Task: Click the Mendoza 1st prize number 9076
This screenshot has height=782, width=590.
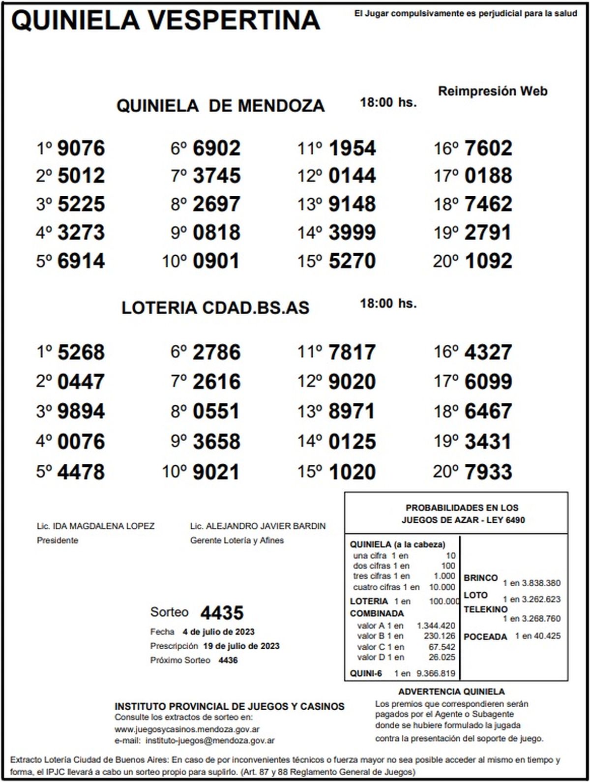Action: click(81, 148)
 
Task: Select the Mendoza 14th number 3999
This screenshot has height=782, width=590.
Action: click(352, 233)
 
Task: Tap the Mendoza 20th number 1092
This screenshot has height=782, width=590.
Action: click(488, 261)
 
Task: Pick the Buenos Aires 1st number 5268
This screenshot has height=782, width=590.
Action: click(81, 352)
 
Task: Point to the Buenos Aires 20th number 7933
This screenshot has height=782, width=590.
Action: click(488, 472)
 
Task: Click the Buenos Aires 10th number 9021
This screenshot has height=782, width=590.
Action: click(216, 472)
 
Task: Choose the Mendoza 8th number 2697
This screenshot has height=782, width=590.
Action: click(216, 204)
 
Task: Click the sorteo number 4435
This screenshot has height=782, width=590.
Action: click(222, 613)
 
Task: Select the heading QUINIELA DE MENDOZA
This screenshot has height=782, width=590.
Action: click(220, 106)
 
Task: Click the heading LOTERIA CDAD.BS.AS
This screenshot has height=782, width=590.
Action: click(215, 308)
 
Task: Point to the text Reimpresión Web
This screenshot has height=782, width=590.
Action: click(492, 91)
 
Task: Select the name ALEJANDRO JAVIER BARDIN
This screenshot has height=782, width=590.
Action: click(265, 526)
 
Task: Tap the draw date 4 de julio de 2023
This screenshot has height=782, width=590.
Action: click(218, 632)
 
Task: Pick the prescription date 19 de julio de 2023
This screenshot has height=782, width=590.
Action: click(241, 646)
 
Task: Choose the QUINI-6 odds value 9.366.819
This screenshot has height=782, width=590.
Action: click(436, 674)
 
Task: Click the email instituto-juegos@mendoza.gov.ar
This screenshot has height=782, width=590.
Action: click(210, 740)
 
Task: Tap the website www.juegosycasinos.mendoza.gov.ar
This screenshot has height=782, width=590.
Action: click(187, 729)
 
